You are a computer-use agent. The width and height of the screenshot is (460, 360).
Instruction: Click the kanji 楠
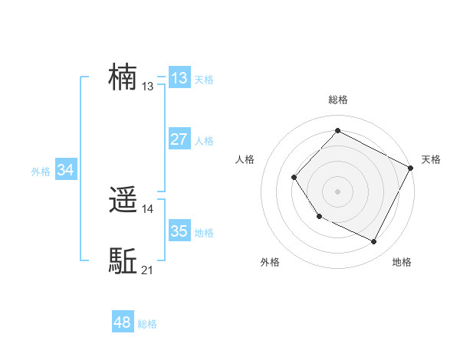tap(123, 77)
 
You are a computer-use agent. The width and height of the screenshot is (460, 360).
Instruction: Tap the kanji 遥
tap(123, 200)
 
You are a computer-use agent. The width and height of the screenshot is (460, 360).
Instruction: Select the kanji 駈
tap(123, 261)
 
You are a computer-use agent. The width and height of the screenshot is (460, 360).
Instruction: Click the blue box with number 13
tap(179, 77)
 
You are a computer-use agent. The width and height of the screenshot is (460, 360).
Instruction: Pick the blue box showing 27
tap(179, 139)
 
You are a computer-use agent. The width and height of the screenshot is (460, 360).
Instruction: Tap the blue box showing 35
tap(179, 231)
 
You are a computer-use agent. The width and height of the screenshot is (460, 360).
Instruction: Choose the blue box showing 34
tap(65, 170)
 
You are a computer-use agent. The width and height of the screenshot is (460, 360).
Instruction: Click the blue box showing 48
tap(122, 322)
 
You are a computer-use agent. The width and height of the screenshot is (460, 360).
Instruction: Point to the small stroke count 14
tap(148, 208)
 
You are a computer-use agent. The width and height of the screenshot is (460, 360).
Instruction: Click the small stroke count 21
tap(148, 270)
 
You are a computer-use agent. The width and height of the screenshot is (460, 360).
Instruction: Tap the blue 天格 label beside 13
tap(204, 79)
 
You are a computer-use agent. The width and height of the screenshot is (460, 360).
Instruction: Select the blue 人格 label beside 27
tap(204, 141)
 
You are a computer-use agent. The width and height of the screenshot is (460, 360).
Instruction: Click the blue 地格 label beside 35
tap(204, 233)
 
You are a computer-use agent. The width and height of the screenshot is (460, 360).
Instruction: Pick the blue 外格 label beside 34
tap(41, 172)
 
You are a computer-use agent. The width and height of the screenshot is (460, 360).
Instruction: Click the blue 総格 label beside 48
tap(147, 325)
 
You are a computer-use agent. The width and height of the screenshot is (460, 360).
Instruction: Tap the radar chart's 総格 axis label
tap(338, 100)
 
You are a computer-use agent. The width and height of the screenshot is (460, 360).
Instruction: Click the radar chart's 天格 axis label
tap(432, 159)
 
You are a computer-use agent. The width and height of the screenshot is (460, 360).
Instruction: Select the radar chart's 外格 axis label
tap(270, 262)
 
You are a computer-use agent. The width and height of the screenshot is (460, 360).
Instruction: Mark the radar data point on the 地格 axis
tap(374, 242)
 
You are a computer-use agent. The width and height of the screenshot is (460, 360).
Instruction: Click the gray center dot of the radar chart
tap(337, 191)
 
